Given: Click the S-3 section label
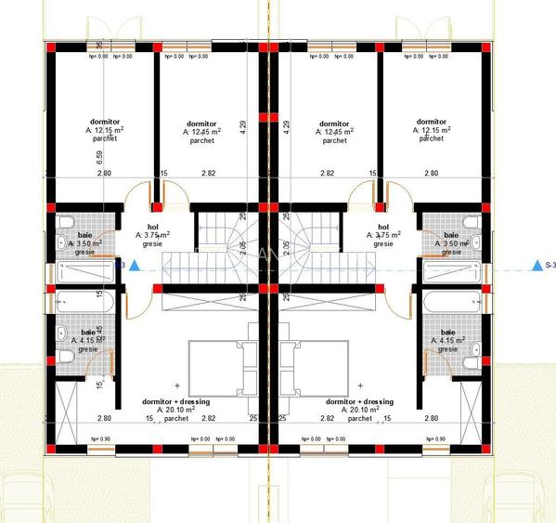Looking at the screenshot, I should [548, 267].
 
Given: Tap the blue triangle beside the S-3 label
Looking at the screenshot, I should [536, 267].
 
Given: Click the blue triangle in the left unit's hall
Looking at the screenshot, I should [135, 267].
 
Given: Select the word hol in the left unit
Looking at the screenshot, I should [148, 226].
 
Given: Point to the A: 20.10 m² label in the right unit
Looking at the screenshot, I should [360, 410].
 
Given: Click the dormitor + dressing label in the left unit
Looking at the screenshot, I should [175, 401].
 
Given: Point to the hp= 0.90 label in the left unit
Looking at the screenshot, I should [98, 438].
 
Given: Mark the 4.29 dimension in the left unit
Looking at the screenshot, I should [243, 123].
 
